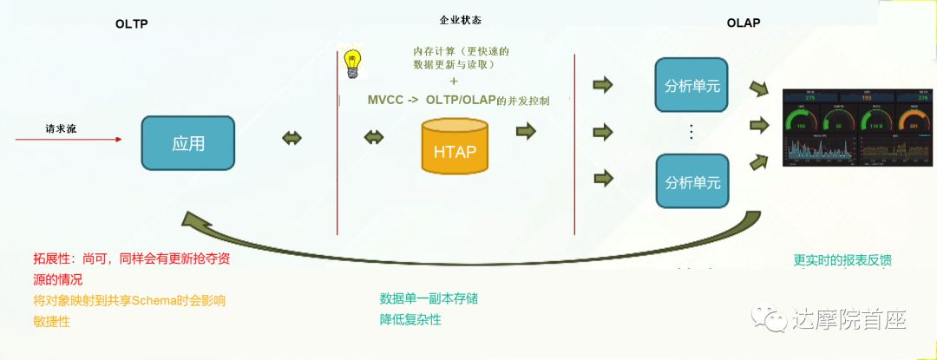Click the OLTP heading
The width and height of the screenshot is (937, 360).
132,24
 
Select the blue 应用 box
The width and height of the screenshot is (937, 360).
188,143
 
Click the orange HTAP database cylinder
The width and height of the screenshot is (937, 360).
455,147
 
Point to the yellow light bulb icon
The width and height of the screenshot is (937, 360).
351,64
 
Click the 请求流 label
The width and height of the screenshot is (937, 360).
62,128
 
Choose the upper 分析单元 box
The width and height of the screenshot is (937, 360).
691,87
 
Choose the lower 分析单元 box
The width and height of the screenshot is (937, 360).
691,181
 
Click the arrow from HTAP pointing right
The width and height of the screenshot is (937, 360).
526,131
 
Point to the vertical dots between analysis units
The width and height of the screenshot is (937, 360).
691,132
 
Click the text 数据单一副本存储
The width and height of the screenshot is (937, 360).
429,298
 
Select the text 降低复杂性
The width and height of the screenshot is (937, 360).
410,320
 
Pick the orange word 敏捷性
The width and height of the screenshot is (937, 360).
51,321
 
